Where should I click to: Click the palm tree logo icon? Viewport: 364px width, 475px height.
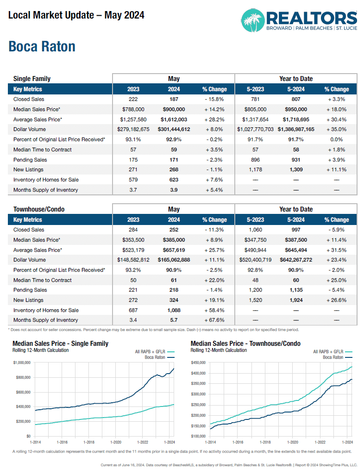pos(253,20)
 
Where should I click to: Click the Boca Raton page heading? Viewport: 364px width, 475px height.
pos(42,47)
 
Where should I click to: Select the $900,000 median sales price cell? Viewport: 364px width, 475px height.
pos(174,109)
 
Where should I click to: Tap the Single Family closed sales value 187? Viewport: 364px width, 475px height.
pos(174,99)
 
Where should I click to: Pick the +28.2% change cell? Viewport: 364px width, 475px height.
pos(214,119)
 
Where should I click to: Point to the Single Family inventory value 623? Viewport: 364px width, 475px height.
pos(174,180)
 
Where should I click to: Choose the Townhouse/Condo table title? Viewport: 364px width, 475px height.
pos(39,209)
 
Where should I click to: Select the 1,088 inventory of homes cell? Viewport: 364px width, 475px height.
pos(174,310)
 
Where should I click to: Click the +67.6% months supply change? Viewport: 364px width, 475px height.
pos(214,320)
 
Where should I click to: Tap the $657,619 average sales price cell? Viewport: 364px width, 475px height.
pos(174,250)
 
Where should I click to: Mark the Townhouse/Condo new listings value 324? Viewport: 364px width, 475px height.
pos(174,300)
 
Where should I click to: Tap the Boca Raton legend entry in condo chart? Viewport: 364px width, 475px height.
pos(333,357)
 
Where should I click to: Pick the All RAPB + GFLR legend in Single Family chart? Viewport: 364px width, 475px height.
pos(151,352)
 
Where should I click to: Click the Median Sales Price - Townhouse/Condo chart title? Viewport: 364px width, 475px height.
pos(245,344)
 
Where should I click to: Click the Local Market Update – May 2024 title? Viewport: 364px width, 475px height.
pos(76,15)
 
